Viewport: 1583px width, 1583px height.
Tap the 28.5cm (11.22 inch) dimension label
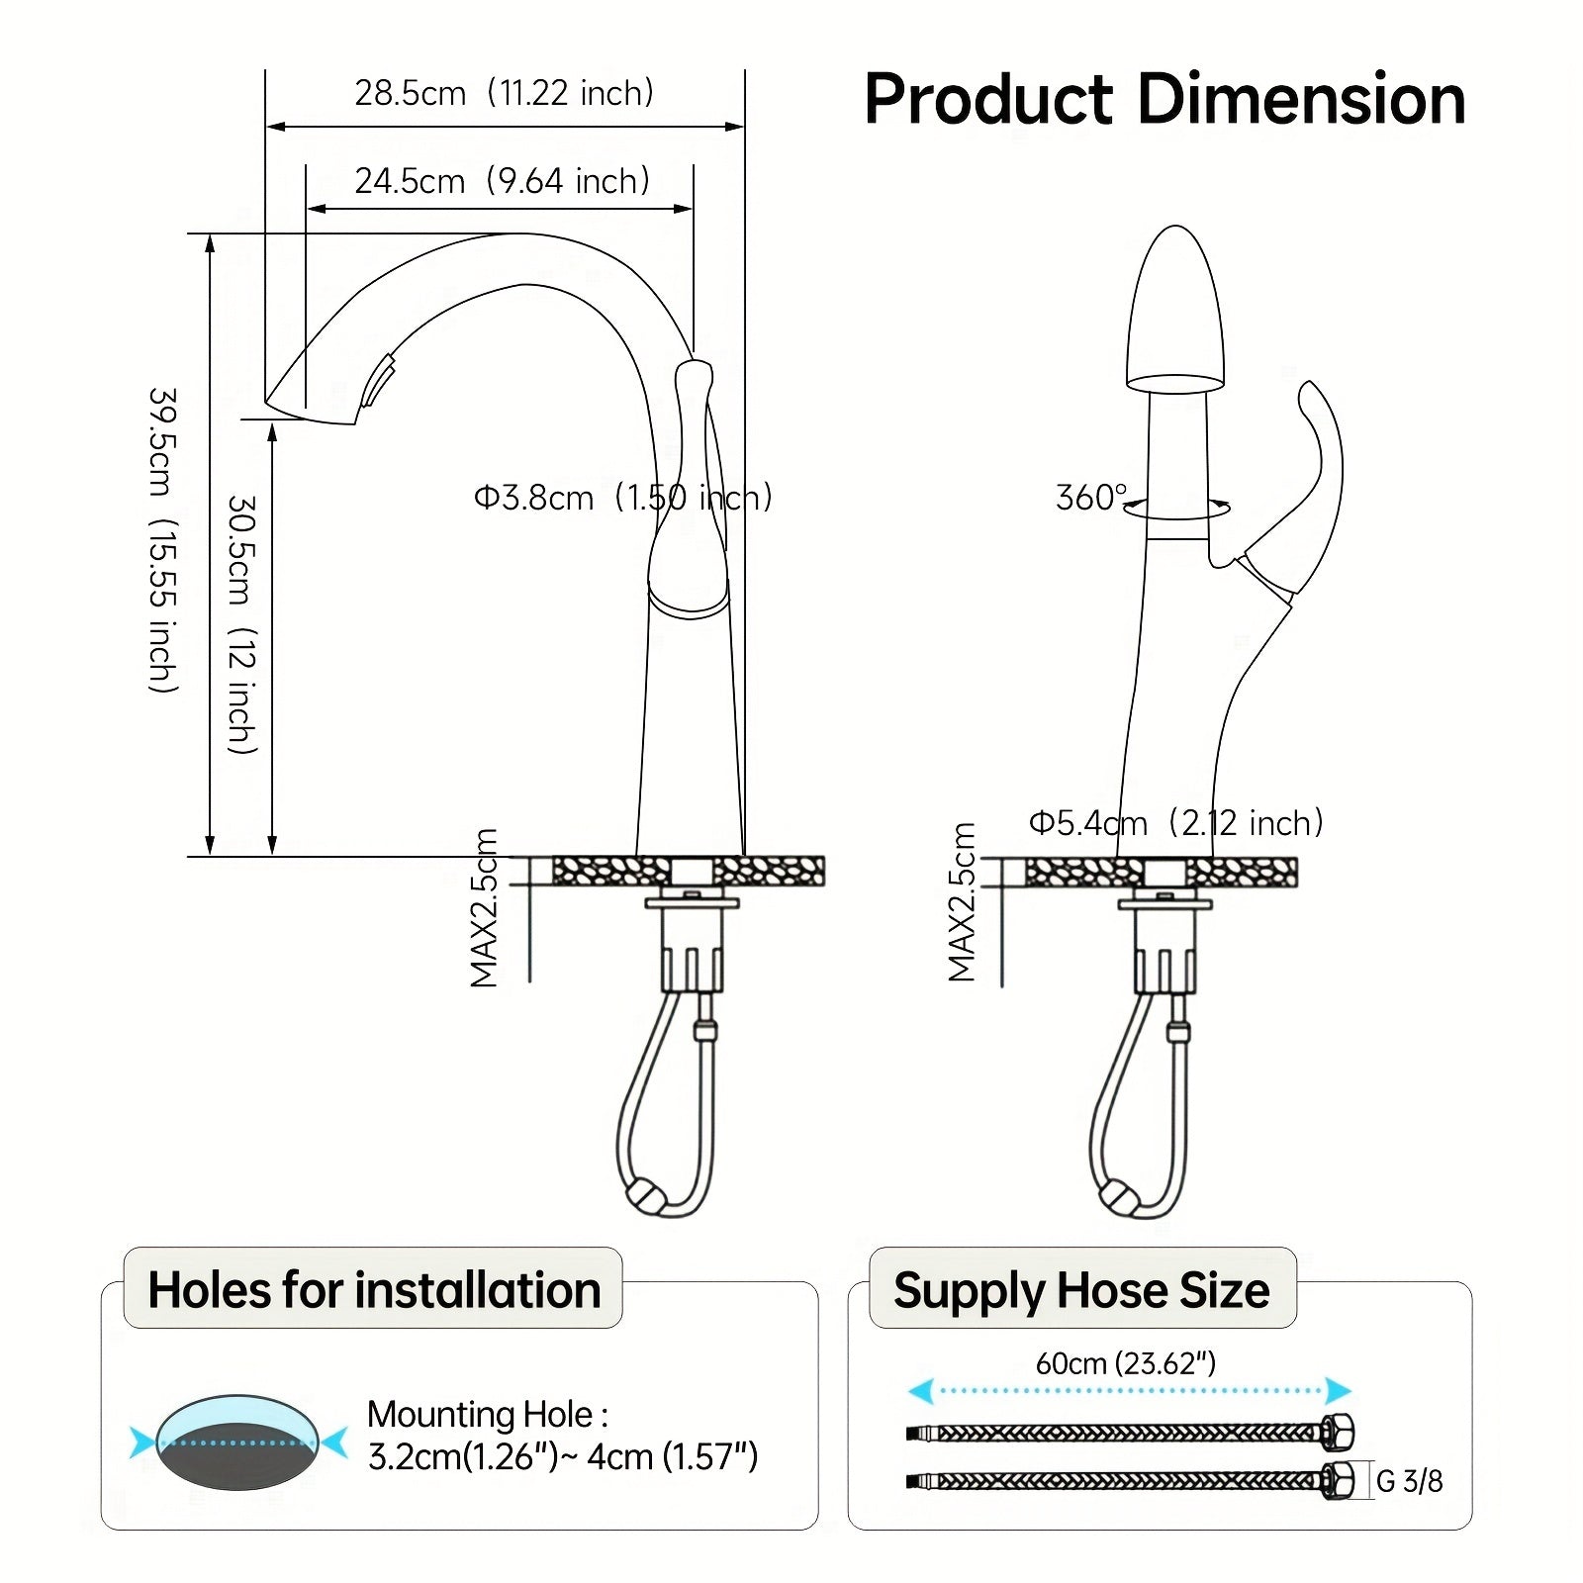click(x=504, y=93)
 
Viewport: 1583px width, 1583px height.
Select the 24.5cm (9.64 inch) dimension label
click(x=502, y=181)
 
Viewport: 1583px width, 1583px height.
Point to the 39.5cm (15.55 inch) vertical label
click(x=163, y=539)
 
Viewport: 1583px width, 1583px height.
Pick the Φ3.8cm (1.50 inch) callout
click(x=622, y=497)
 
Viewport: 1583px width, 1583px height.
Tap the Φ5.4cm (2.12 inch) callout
click(x=1175, y=822)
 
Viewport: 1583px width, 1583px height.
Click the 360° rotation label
click(x=1090, y=497)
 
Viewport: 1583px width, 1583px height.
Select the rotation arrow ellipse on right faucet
click(x=1177, y=510)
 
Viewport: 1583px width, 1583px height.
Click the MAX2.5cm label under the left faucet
click(x=484, y=908)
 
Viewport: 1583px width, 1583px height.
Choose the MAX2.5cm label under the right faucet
click(x=962, y=902)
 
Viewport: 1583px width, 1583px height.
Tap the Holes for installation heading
click(x=374, y=1290)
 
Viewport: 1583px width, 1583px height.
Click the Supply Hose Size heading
click(x=1081, y=1290)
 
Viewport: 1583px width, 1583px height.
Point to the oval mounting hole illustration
click(x=237, y=1443)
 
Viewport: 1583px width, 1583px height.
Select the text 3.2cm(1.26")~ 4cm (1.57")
click(x=562, y=1456)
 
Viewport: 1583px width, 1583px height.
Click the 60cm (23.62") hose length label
click(x=1125, y=1363)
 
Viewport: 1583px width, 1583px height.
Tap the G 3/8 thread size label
click(x=1409, y=1481)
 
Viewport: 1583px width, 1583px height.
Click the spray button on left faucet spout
click(x=379, y=384)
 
